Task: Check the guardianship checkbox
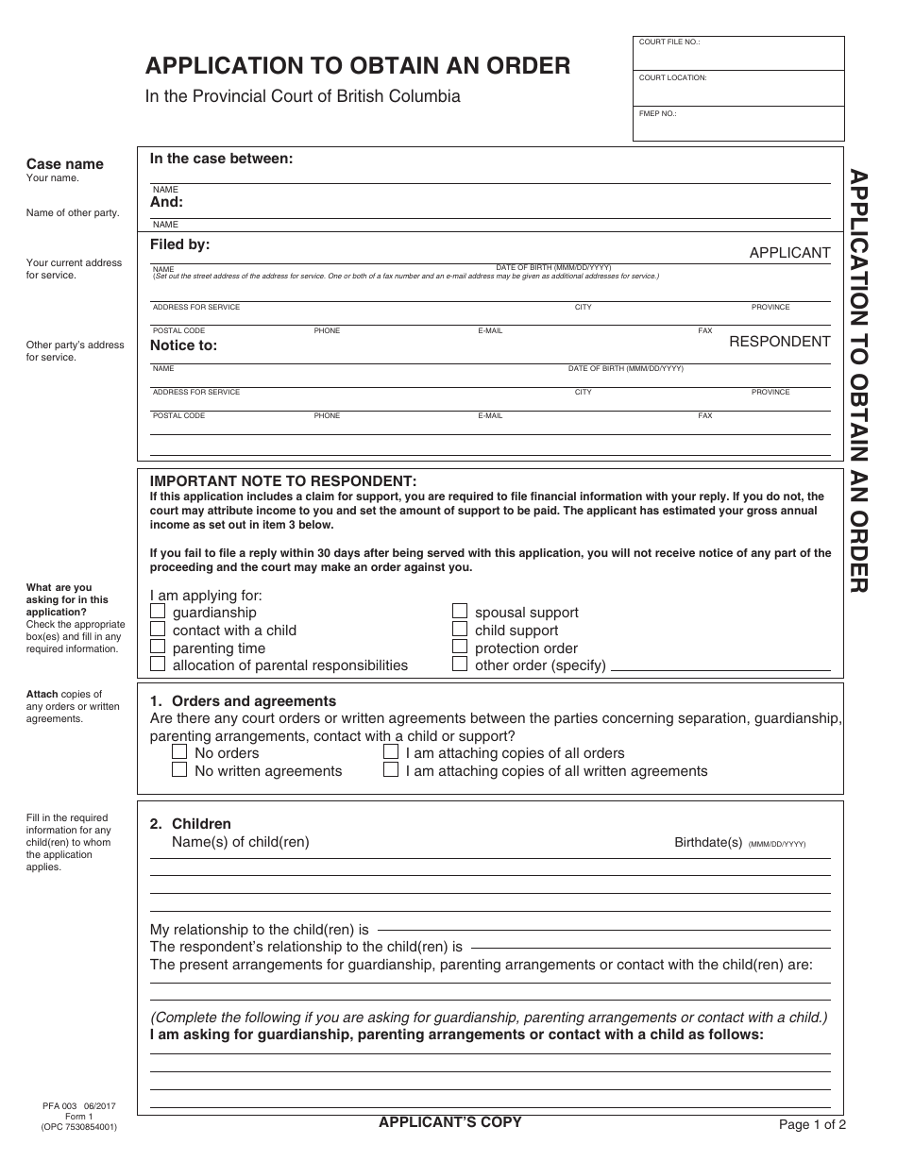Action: (158, 612)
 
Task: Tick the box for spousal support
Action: (460, 612)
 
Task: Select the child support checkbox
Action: (460, 630)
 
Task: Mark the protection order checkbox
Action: (460, 648)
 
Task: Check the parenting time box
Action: (158, 648)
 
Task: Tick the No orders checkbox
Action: (179, 752)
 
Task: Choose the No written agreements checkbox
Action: (179, 770)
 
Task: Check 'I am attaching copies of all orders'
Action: (391, 752)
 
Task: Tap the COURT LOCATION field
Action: (738, 91)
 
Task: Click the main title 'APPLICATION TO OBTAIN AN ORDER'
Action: (357, 65)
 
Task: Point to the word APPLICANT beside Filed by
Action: (789, 253)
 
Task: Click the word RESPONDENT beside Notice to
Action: (779, 342)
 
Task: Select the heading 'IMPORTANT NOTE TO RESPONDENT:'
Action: (283, 481)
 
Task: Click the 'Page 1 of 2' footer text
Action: (812, 1124)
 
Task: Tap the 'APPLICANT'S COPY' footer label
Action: (449, 1122)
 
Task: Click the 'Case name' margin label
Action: (64, 164)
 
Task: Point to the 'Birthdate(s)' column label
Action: (708, 842)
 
